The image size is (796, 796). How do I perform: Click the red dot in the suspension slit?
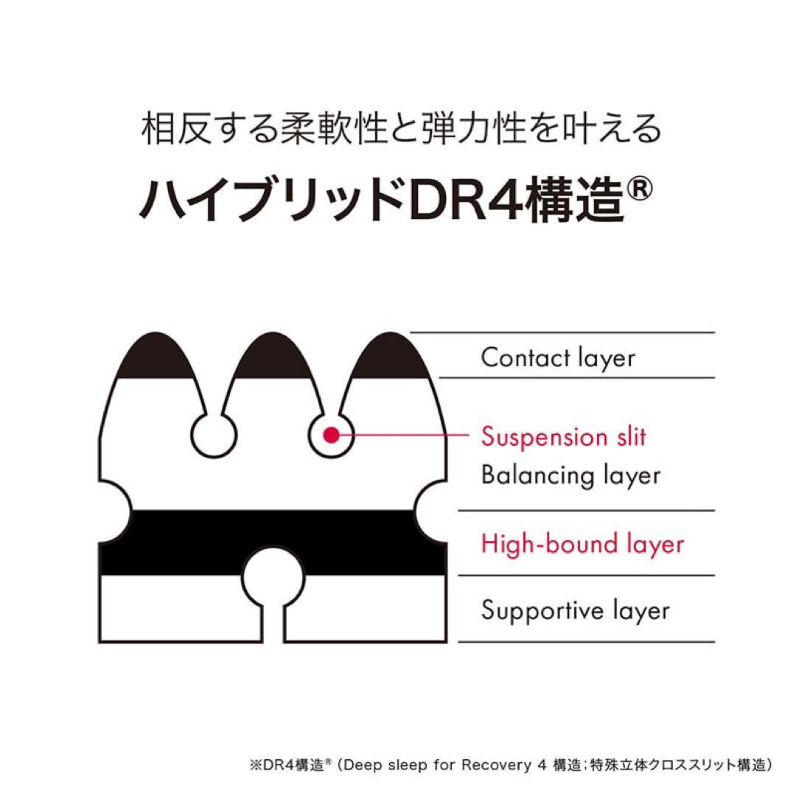click(331, 435)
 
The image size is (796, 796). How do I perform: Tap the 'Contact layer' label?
click(557, 358)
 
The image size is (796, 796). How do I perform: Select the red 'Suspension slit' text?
click(563, 436)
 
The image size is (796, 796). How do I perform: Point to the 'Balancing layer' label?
click(570, 475)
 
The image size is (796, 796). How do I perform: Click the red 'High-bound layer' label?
click(582, 544)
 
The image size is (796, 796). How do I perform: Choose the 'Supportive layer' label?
click(575, 610)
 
